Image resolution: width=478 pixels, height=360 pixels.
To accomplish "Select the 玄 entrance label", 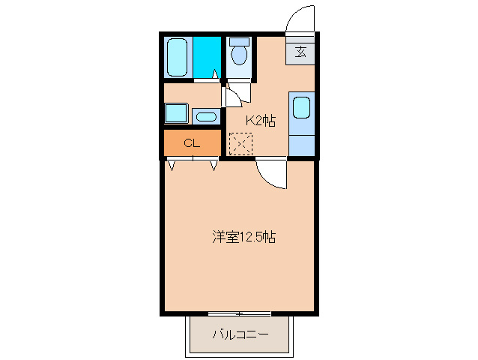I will pyautogui.click(x=300, y=52).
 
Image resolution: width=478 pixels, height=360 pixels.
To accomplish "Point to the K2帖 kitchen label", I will pyautogui.click(x=261, y=119).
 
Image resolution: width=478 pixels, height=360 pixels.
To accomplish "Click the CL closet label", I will pyautogui.click(x=192, y=142).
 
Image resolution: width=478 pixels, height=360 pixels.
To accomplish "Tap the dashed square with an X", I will pyautogui.click(x=240, y=142).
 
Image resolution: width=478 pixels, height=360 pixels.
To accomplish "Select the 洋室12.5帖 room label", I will pyautogui.click(x=243, y=238).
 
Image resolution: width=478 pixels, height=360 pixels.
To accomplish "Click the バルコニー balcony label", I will pyautogui.click(x=239, y=334).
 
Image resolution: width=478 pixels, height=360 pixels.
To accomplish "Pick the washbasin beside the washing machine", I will pyautogui.click(x=205, y=115).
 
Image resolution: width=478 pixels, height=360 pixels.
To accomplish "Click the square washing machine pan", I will pyautogui.click(x=177, y=113).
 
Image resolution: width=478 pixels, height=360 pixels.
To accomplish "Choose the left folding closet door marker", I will pyautogui.click(x=172, y=164).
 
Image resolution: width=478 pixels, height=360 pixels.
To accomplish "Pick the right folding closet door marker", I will pyautogui.click(x=214, y=164).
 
